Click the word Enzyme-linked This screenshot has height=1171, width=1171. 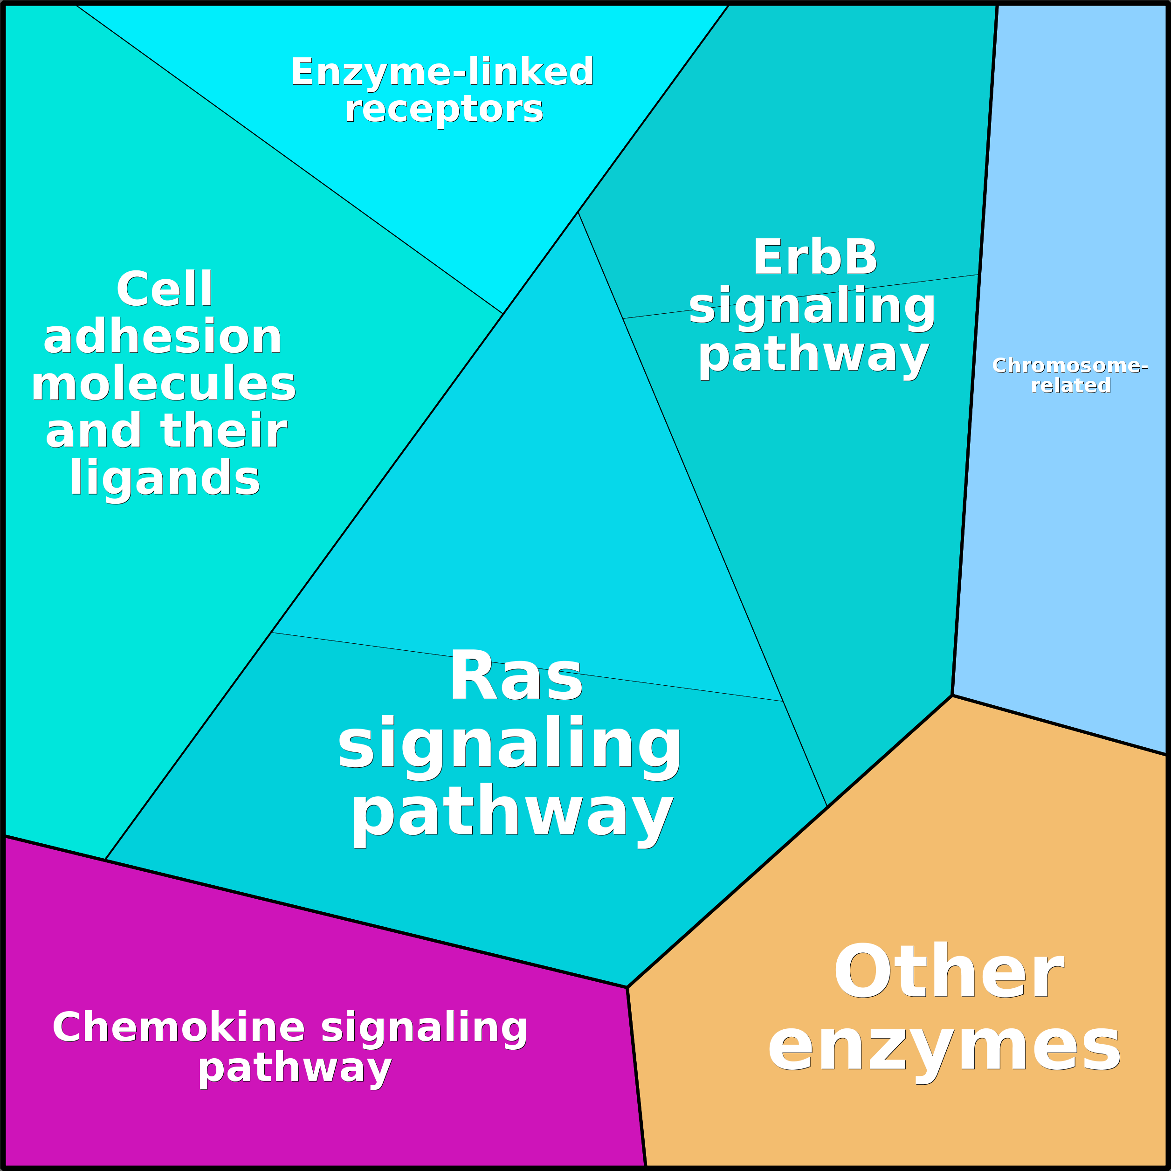pyautogui.click(x=442, y=72)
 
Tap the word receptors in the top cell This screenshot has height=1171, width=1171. pyautogui.click(x=444, y=110)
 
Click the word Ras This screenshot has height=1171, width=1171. pyautogui.click(x=516, y=677)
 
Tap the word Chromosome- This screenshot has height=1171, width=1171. pyautogui.click(x=1070, y=365)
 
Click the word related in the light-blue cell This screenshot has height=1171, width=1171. pyautogui.click(x=1071, y=386)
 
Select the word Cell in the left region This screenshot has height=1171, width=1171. pyautogui.click(x=164, y=289)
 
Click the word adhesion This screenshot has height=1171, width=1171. pyautogui.click(x=162, y=337)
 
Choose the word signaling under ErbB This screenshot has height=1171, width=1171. pyautogui.click(x=812, y=307)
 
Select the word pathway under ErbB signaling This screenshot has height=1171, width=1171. pyautogui.click(x=813, y=357)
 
